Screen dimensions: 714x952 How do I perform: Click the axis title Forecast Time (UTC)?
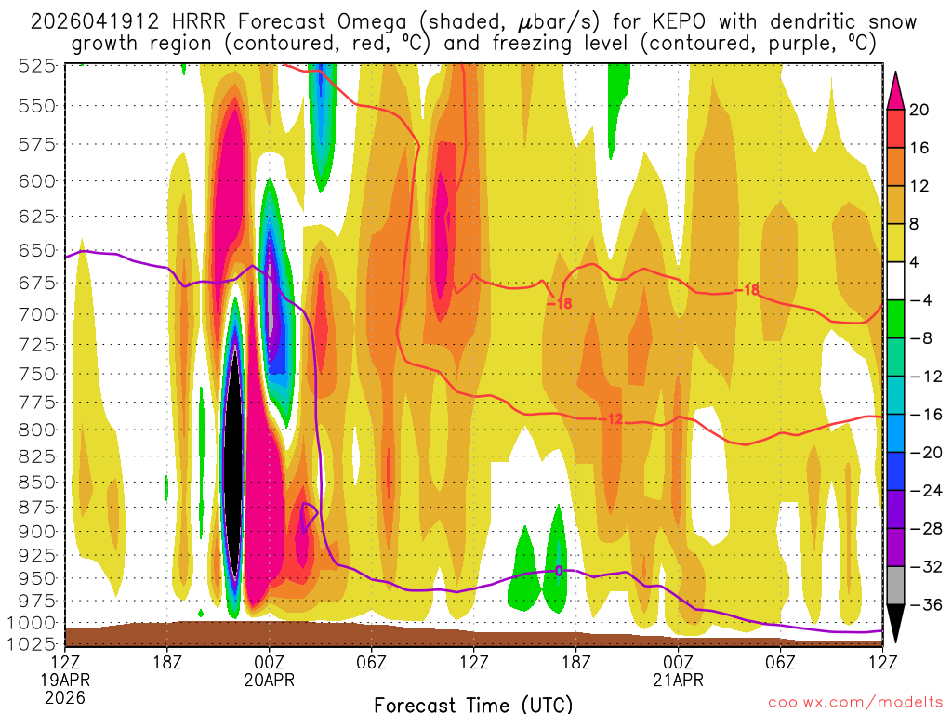point(473,703)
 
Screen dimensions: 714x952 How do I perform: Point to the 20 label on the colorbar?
point(919,110)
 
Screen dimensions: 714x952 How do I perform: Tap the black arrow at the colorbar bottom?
point(895,624)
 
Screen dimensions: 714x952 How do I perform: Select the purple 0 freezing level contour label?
point(559,571)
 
